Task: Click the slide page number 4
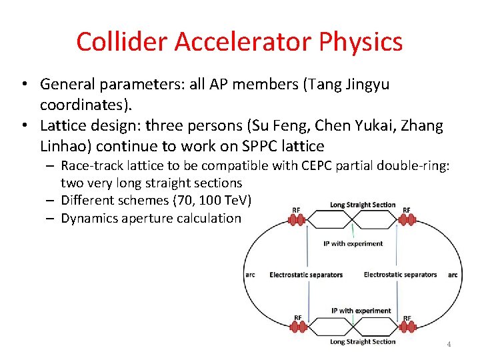(x=449, y=344)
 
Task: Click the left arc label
(x=249, y=275)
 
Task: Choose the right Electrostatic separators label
(x=400, y=275)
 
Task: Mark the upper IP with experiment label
(x=353, y=243)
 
